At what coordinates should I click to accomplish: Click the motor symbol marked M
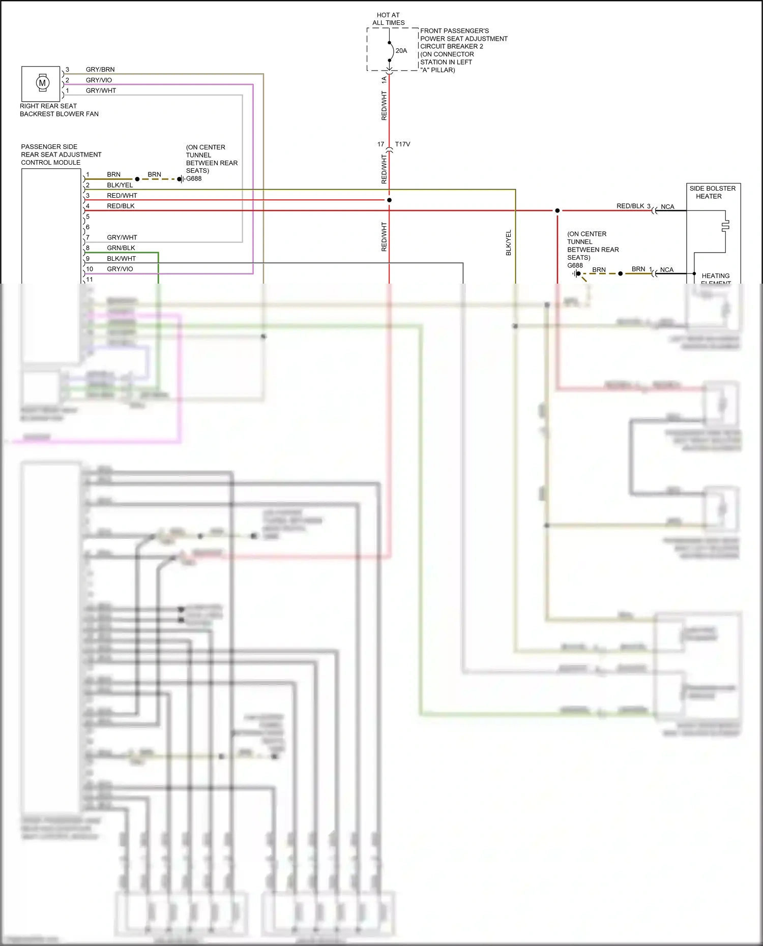pyautogui.click(x=42, y=82)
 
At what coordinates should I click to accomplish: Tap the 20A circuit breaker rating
pyautogui.click(x=401, y=51)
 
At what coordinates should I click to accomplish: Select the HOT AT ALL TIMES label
pyautogui.click(x=388, y=19)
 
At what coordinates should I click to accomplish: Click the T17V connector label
pyautogui.click(x=402, y=144)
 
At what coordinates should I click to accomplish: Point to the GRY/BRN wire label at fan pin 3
pyautogui.click(x=100, y=70)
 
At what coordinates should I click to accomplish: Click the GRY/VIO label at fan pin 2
pyautogui.click(x=99, y=80)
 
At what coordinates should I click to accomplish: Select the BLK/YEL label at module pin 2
pyautogui.click(x=120, y=185)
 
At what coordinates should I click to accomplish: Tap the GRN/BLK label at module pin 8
pyautogui.click(x=121, y=248)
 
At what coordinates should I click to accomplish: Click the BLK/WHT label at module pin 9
pyautogui.click(x=121, y=259)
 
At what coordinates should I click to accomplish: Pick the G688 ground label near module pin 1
pyautogui.click(x=194, y=178)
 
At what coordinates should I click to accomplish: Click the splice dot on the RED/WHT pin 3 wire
pyautogui.click(x=389, y=200)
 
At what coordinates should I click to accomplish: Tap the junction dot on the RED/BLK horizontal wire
pyautogui.click(x=557, y=210)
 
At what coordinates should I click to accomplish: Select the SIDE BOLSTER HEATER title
pyautogui.click(x=712, y=192)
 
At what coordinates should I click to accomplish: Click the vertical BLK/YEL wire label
pyautogui.click(x=508, y=242)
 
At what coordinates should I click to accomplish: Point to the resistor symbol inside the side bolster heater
pyautogui.click(x=725, y=224)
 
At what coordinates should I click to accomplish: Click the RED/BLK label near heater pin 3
pyautogui.click(x=630, y=206)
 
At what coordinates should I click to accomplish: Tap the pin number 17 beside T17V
pyautogui.click(x=380, y=144)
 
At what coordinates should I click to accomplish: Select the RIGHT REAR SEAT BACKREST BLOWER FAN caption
pyautogui.click(x=59, y=110)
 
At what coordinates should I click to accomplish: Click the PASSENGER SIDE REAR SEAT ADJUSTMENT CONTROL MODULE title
pyautogui.click(x=61, y=155)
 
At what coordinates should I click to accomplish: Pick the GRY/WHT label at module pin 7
pyautogui.click(x=122, y=237)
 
